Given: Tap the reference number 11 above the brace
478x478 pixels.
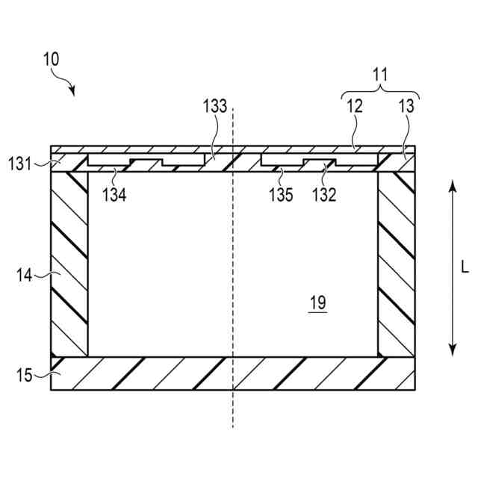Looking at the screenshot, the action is tap(381, 75).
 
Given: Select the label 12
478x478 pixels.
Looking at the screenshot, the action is tap(354, 106).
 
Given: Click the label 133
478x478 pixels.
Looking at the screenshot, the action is tap(214, 106).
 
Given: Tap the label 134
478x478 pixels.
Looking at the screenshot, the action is tap(115, 196).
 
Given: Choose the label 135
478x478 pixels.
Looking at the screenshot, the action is tap(281, 196).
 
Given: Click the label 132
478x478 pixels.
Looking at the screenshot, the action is tap(325, 196).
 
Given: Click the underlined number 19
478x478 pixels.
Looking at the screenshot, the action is tap(317, 302).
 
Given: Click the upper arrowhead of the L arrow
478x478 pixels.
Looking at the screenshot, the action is tap(452, 184).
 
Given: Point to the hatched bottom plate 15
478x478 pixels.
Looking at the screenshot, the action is tap(232, 373).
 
